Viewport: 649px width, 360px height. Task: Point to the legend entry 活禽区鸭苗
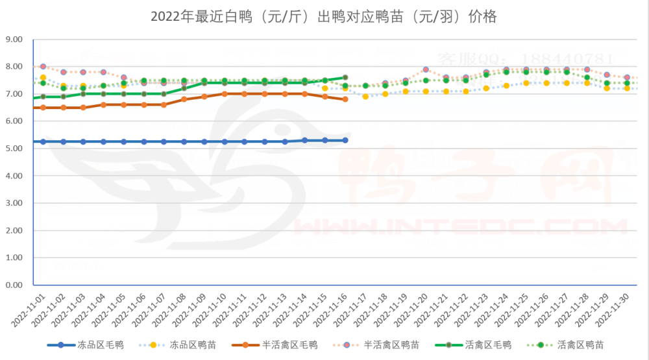pyautogui.click(x=580, y=344)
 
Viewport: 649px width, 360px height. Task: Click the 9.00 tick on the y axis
pyautogui.click(x=14, y=40)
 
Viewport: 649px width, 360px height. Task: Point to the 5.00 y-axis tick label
pyautogui.click(x=14, y=149)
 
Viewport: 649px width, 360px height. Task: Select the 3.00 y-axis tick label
pyautogui.click(x=14, y=203)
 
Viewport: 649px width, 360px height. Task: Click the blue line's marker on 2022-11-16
pyautogui.click(x=345, y=140)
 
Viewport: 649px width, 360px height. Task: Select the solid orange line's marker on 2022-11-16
pyautogui.click(x=345, y=99)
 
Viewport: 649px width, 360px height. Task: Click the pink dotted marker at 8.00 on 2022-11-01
pyautogui.click(x=43, y=67)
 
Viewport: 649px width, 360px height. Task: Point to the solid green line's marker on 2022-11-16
pyautogui.click(x=345, y=78)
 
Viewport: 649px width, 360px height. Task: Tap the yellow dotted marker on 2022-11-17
pyautogui.click(x=365, y=97)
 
